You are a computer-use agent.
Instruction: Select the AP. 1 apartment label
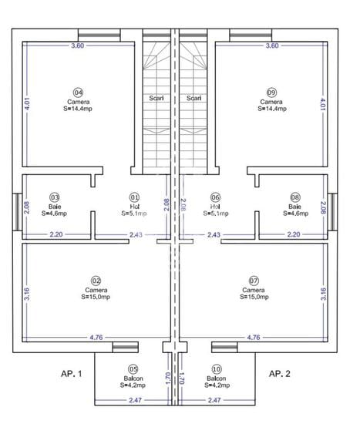71,373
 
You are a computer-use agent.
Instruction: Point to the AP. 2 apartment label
278,373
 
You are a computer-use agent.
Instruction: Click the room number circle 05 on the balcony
133,369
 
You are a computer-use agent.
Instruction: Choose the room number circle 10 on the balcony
216,369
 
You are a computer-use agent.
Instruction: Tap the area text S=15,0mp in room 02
97,296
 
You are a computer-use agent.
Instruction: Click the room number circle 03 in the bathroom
55,197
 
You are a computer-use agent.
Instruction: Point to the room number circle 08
294,197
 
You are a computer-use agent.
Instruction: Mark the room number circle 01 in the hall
133,197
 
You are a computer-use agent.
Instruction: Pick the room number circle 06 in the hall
216,197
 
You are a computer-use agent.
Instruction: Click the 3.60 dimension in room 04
77,46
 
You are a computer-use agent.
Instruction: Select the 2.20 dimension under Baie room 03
56,234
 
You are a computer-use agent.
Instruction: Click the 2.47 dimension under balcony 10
216,401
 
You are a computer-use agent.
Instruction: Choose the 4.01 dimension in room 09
323,103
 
